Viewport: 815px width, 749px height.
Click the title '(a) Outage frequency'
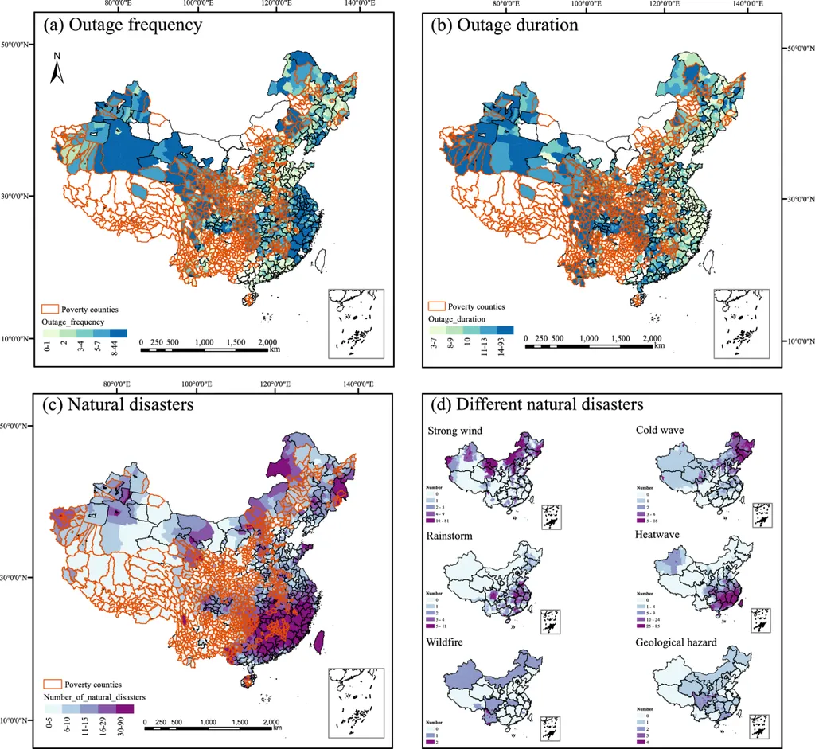(x=123, y=25)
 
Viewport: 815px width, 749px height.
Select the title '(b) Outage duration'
(x=504, y=25)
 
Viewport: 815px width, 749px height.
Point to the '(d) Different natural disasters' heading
(x=537, y=404)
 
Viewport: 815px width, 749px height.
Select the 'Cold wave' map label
(x=661, y=431)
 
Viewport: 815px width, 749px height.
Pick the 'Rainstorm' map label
(x=450, y=536)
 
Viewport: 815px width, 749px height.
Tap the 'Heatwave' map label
(x=658, y=536)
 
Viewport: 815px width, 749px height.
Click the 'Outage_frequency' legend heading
(x=72, y=322)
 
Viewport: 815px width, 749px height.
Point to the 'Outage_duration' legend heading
(x=459, y=318)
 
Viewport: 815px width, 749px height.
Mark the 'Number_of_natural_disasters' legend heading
(x=94, y=696)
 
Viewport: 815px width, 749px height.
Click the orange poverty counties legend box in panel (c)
(x=53, y=684)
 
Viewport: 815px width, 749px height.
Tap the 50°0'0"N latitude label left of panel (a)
(x=15, y=45)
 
